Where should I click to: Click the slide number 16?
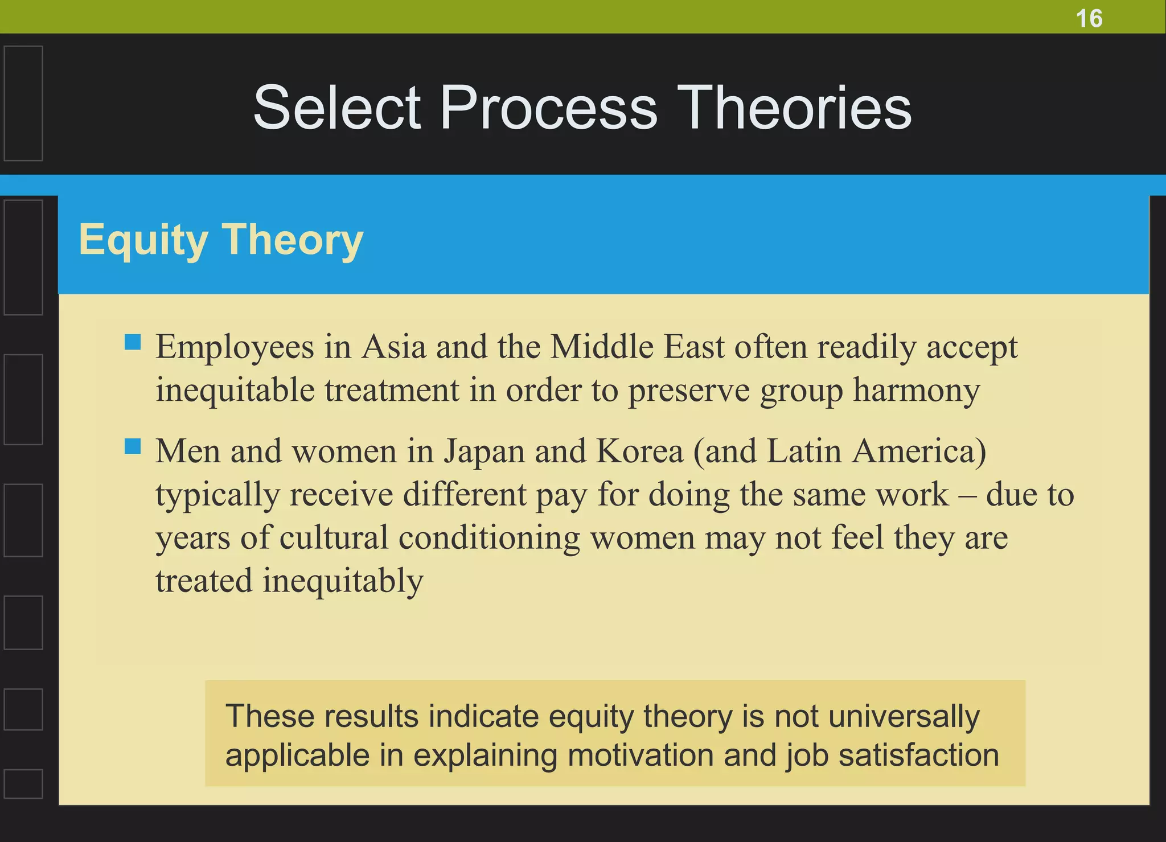1089,19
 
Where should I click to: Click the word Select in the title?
337,108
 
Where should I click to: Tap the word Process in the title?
549,108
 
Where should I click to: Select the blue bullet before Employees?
133,342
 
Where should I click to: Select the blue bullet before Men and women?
133,446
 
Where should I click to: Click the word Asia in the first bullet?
394,347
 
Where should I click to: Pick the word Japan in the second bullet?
484,452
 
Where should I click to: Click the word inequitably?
343,582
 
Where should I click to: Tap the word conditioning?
488,539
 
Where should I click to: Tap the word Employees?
235,348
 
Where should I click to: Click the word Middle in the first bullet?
601,347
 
